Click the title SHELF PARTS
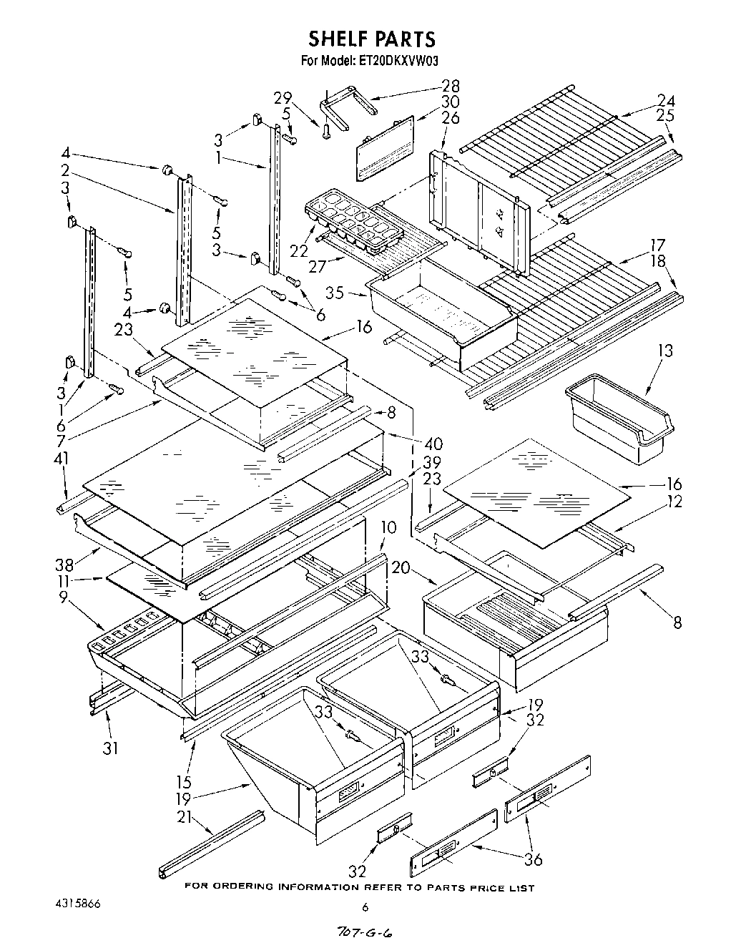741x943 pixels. tap(371, 38)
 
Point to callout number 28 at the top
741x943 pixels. tap(451, 85)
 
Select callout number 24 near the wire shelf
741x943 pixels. tap(666, 100)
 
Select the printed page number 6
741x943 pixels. tap(365, 907)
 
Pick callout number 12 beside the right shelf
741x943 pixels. tap(674, 502)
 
